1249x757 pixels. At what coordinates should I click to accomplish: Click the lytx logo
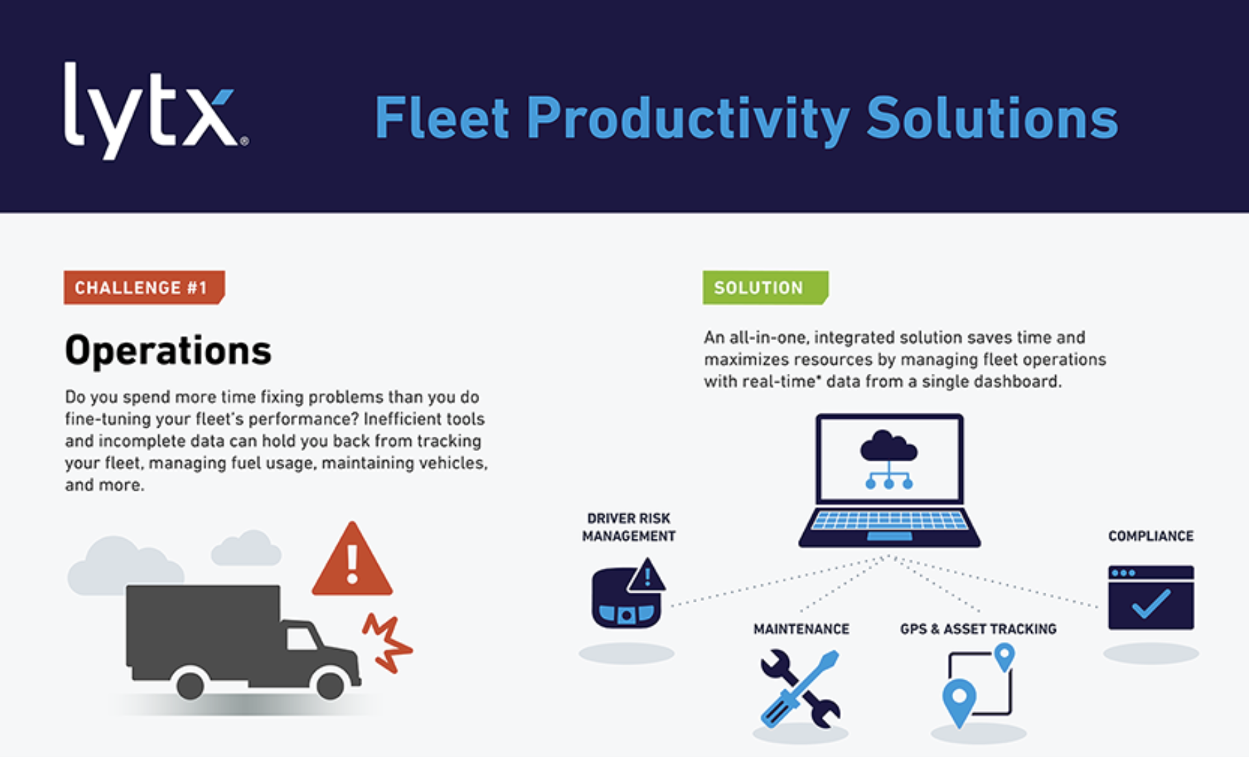(156, 111)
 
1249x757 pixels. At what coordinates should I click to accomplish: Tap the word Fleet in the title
(442, 118)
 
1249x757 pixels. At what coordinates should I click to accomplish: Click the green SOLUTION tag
(766, 287)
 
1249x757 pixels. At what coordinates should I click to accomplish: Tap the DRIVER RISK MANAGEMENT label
(629, 527)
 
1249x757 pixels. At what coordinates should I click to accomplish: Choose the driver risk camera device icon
(627, 595)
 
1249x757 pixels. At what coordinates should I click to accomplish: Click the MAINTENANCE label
(801, 629)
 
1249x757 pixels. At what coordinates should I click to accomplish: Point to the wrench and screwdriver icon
(800, 689)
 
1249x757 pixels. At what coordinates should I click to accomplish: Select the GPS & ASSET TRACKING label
(978, 629)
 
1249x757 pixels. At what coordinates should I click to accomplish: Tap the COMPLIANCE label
(1151, 536)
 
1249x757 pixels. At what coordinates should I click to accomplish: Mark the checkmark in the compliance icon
(1151, 604)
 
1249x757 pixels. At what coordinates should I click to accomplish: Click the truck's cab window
(301, 639)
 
